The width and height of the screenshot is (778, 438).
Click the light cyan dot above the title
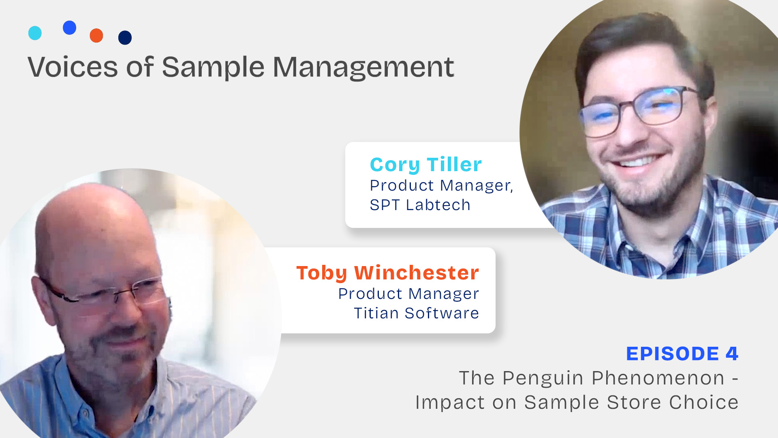35,33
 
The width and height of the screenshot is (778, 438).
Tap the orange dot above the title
96,36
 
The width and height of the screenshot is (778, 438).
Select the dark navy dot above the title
125,38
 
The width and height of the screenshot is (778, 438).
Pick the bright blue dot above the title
70,28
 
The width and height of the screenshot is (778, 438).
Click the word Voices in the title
73,67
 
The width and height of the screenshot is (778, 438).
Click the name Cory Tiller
426,165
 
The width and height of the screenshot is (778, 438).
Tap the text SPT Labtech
420,205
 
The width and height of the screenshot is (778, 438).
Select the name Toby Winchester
388,273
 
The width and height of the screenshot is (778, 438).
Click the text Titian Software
417,313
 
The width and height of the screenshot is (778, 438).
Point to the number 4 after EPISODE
732,353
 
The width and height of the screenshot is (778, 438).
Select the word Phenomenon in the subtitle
658,378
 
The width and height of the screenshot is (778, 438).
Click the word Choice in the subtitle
704,402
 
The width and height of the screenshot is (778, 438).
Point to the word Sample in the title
214,68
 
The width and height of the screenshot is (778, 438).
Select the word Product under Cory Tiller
402,185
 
